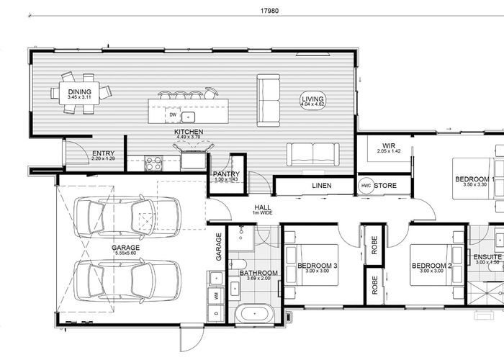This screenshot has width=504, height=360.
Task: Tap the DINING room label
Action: click(x=78, y=92)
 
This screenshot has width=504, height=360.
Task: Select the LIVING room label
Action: click(x=313, y=99)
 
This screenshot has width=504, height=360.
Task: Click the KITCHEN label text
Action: click(x=189, y=132)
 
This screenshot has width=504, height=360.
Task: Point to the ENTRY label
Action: click(x=103, y=153)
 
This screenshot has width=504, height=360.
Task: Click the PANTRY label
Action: click(x=226, y=174)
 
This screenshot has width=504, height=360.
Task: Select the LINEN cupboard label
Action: click(x=321, y=186)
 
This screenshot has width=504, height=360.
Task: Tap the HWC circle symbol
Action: click(x=366, y=186)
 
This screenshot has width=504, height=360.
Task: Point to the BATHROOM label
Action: click(x=258, y=273)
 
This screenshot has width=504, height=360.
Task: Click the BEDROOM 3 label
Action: click(x=318, y=266)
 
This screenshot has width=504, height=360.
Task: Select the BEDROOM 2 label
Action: click(x=431, y=266)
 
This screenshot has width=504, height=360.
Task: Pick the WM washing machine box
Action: click(x=215, y=295)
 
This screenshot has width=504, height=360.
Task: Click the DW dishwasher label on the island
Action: click(x=173, y=114)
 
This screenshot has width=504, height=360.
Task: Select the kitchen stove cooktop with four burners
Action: click(x=153, y=163)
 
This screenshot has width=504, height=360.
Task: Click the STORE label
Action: click(x=386, y=186)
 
